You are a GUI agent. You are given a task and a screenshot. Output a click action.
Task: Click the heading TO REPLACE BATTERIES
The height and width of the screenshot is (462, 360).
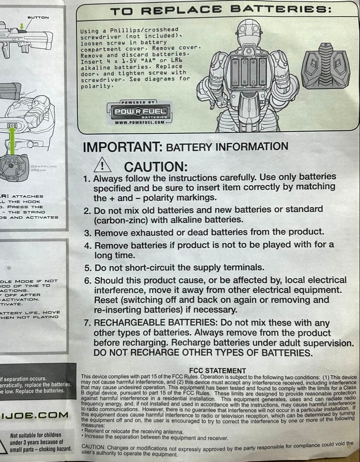click(x=221, y=10)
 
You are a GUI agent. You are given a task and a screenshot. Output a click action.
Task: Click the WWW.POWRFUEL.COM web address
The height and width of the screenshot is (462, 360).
click(x=139, y=122)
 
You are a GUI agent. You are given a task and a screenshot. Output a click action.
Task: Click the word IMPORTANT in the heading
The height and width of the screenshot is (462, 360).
click(x=121, y=147)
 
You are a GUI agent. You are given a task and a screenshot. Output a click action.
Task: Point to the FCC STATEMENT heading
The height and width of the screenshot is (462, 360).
click(x=217, y=370)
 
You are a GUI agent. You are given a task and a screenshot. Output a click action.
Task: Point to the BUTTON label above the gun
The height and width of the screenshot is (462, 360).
click(x=38, y=17)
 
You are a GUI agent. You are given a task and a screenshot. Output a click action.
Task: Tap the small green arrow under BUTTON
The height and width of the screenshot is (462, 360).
click(x=21, y=26)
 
